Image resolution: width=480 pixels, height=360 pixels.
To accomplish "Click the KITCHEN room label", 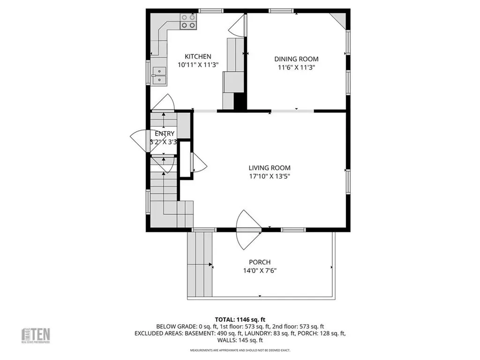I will pos(197,56).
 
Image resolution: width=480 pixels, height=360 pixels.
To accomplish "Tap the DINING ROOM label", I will pos(296,59).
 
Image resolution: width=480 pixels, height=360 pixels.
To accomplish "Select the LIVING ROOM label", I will pos(269,168).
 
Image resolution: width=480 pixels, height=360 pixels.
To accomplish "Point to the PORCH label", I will pos(260,262).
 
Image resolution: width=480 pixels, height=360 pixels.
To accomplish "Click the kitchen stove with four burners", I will pos(188,21).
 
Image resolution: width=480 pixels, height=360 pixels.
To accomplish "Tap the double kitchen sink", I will pos(159,76).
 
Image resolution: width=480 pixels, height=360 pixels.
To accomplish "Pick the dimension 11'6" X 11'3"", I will pos(296,67).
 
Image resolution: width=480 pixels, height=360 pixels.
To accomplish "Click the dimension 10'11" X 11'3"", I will pos(197,65).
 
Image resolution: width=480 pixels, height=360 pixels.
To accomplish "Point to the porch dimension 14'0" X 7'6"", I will pos(260,270).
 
